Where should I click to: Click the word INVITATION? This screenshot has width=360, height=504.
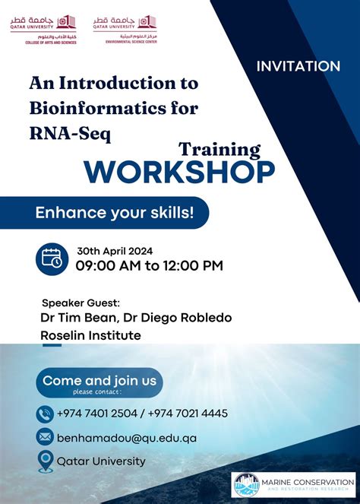click(x=298, y=67)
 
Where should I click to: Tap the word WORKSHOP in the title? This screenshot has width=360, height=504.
click(x=179, y=172)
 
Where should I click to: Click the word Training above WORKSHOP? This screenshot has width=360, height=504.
click(x=219, y=149)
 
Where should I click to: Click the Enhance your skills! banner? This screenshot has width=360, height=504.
click(x=114, y=214)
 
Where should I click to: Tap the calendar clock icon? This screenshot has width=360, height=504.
click(x=52, y=258)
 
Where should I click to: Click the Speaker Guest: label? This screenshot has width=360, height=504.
click(x=81, y=303)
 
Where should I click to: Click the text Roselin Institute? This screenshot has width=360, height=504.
click(x=90, y=334)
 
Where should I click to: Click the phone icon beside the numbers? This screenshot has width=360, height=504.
click(x=44, y=414)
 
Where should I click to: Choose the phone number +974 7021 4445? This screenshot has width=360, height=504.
click(x=187, y=414)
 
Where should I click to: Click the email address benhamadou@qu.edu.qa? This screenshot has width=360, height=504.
click(x=127, y=438)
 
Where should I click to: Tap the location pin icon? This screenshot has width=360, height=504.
click(x=44, y=461)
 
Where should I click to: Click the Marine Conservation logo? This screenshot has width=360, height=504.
click(x=293, y=484)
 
